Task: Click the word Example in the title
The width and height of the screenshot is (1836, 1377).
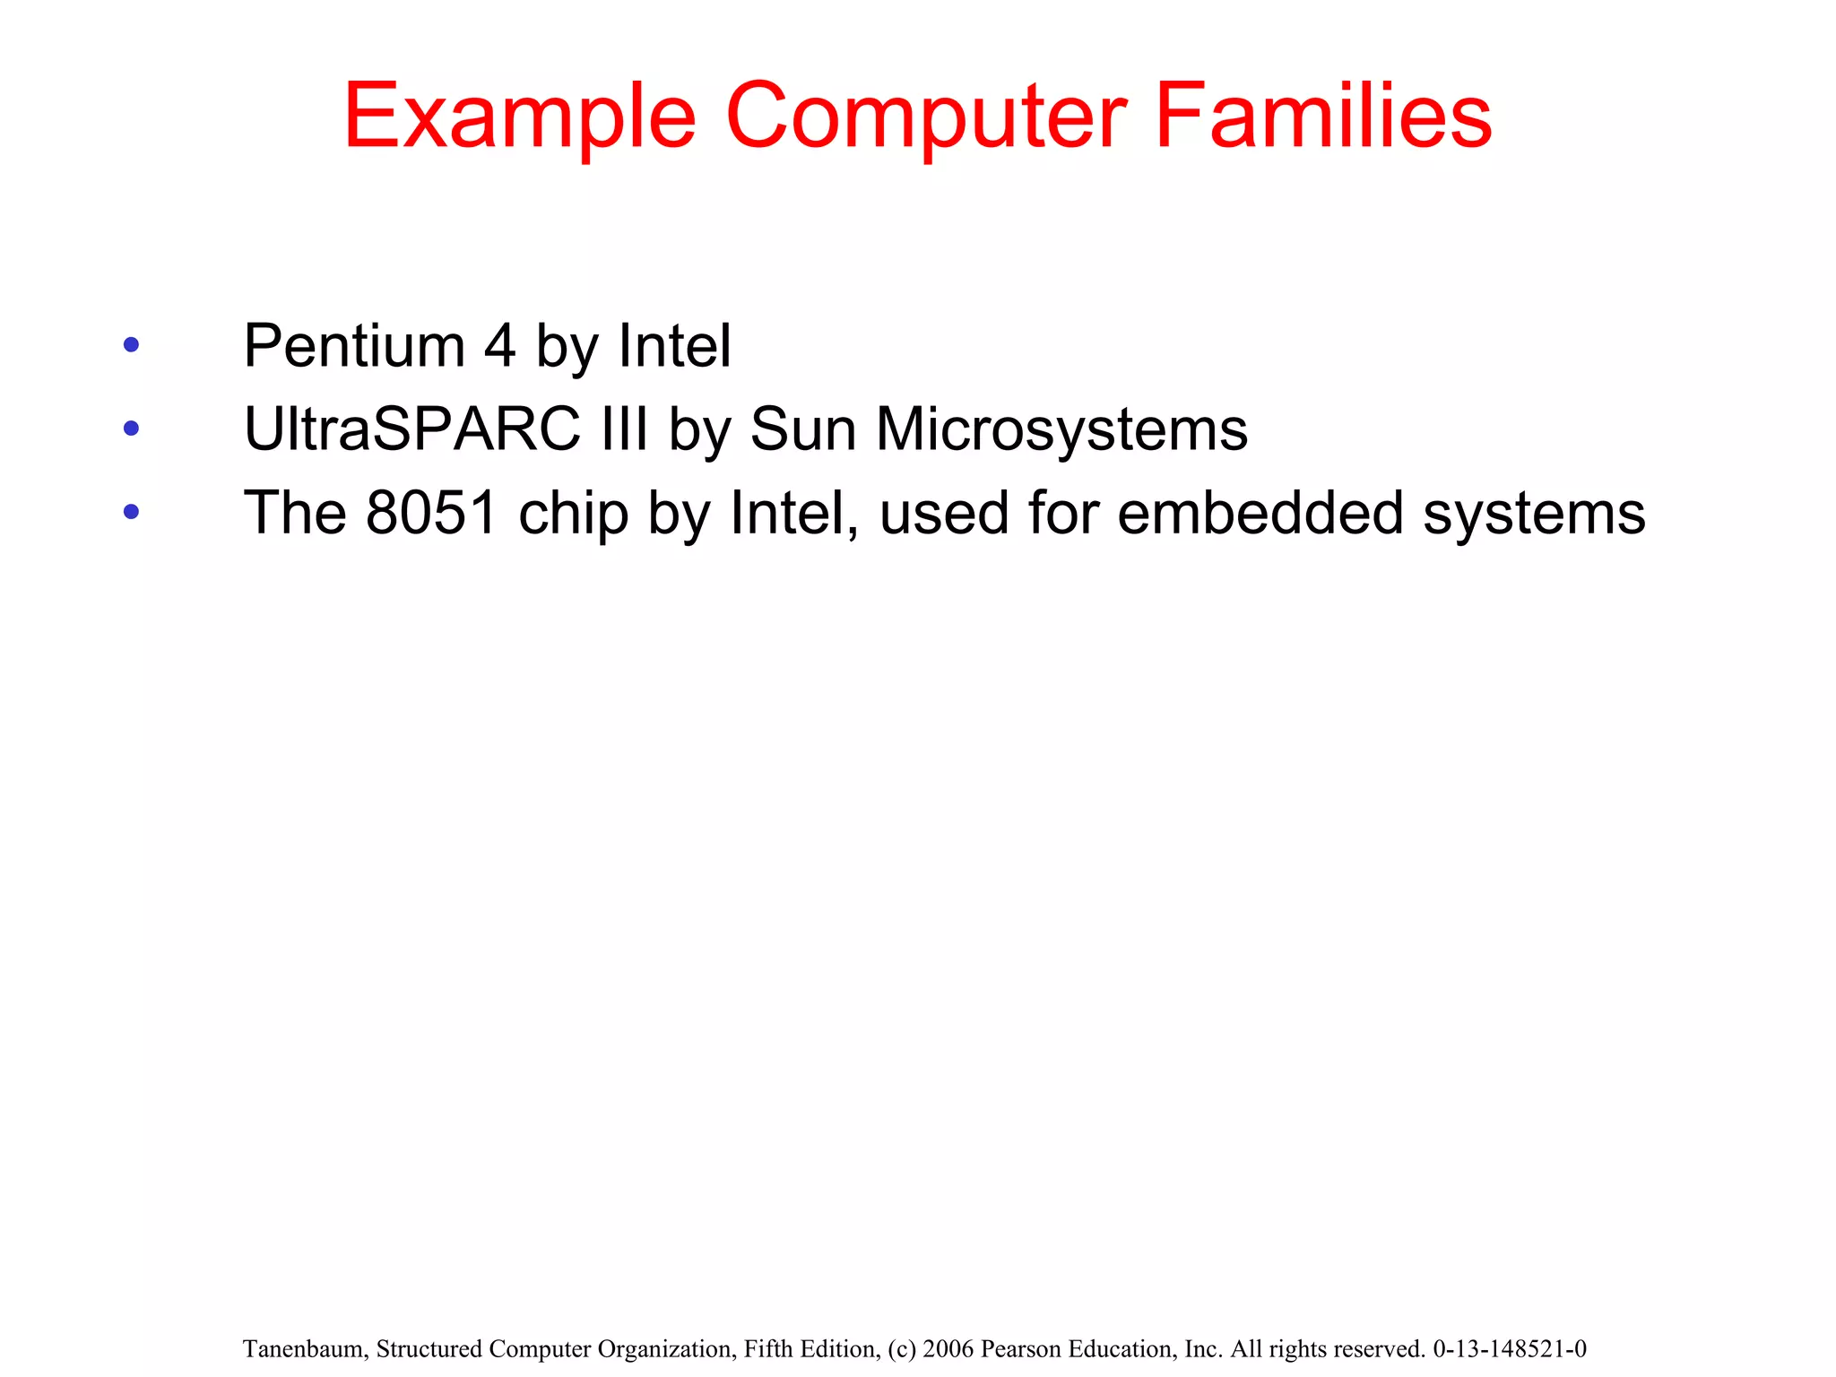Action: pos(519,117)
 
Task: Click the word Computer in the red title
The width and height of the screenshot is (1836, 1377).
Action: pos(925,117)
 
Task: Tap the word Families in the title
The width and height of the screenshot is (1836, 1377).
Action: pos(1323,117)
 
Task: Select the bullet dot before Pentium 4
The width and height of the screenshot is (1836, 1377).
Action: pos(132,345)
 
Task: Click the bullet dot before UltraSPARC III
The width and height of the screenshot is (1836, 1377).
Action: pos(132,429)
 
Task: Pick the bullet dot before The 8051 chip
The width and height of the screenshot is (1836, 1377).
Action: pos(132,512)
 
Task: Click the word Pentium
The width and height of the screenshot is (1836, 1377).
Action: pos(354,346)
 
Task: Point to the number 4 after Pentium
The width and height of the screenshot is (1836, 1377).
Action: pos(500,346)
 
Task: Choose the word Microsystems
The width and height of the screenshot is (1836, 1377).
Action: pos(1061,429)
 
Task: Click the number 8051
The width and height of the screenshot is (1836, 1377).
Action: pos(431,513)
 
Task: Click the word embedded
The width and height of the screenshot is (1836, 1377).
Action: pos(1260,513)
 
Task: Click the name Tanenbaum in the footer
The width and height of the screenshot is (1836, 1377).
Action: pos(304,1349)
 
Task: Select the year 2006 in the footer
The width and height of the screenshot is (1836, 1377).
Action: pos(949,1349)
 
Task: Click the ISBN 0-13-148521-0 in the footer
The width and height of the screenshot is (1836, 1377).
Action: pos(1510,1349)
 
